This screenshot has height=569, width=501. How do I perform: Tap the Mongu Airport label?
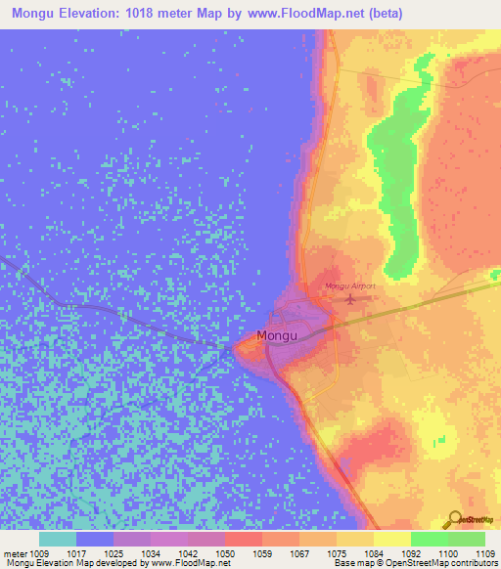[350, 286]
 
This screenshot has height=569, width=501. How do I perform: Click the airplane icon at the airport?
[350, 298]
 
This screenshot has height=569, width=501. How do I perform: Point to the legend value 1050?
[225, 553]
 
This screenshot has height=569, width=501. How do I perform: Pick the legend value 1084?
[374, 553]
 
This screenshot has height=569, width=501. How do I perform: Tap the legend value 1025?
[114, 553]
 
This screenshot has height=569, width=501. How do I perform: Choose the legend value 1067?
[299, 553]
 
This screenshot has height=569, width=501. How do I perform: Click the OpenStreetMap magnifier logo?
[454, 520]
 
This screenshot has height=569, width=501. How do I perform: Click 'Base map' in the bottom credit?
[352, 564]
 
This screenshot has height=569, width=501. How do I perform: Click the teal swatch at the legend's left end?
[58, 539]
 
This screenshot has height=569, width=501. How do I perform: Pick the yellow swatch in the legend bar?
[392, 539]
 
